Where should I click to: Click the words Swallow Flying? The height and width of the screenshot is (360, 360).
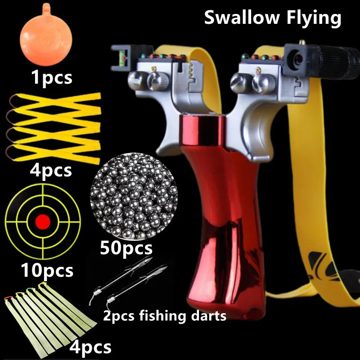[273, 18]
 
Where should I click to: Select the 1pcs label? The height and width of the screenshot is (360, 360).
[51, 77]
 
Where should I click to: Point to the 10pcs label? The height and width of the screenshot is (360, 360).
[46, 270]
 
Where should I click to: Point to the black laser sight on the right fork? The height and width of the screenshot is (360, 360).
[302, 58]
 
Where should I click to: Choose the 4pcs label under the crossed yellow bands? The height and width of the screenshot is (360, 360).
[50, 171]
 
